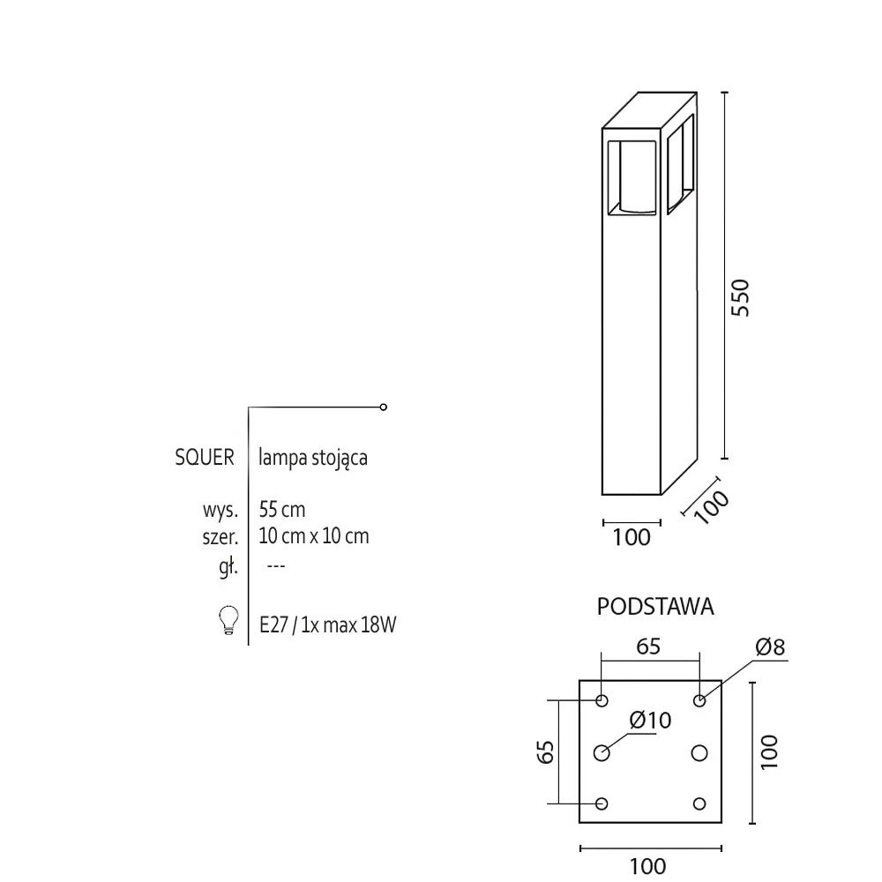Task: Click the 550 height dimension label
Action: (x=741, y=297)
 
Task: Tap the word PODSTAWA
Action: (x=655, y=607)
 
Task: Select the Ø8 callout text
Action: (x=770, y=647)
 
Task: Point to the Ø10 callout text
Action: (x=650, y=720)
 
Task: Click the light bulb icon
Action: (x=228, y=620)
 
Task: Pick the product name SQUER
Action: (x=205, y=457)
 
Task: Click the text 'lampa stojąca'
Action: (x=313, y=458)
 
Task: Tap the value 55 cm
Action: (x=282, y=510)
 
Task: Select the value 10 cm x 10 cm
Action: (x=314, y=536)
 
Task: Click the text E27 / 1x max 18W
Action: (x=328, y=625)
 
